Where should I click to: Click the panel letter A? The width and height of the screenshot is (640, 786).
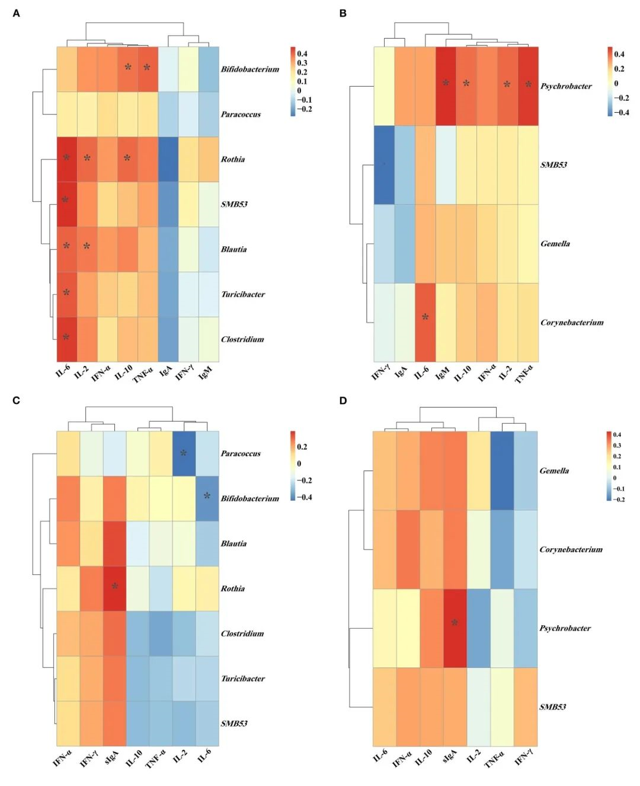(x=16, y=13)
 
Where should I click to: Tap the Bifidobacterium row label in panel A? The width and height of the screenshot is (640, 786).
(x=249, y=69)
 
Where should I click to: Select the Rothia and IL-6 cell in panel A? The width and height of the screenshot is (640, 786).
(x=67, y=159)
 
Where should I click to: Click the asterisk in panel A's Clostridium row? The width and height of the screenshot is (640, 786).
(x=66, y=338)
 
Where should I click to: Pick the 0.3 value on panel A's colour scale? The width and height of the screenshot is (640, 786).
(x=302, y=63)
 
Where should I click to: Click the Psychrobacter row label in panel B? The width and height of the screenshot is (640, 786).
(x=565, y=86)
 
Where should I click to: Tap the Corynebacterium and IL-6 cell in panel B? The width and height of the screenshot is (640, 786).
(x=425, y=322)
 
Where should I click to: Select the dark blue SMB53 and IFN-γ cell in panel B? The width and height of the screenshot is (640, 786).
(x=384, y=164)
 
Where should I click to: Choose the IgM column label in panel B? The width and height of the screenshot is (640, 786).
(x=442, y=373)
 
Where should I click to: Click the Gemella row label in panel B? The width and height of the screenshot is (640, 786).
(x=555, y=243)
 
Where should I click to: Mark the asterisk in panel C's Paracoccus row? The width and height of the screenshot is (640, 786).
(x=184, y=453)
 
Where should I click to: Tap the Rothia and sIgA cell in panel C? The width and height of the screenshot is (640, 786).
(x=114, y=588)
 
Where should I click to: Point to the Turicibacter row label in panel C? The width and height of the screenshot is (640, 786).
(x=242, y=679)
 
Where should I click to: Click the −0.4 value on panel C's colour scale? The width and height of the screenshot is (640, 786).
(x=305, y=497)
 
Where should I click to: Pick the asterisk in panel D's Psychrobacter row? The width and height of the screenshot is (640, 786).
(x=455, y=623)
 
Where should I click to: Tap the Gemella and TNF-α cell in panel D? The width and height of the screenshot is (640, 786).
(x=502, y=470)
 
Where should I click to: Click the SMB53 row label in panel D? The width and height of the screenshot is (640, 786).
(x=552, y=707)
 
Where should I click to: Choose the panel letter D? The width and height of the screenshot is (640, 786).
(x=343, y=400)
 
